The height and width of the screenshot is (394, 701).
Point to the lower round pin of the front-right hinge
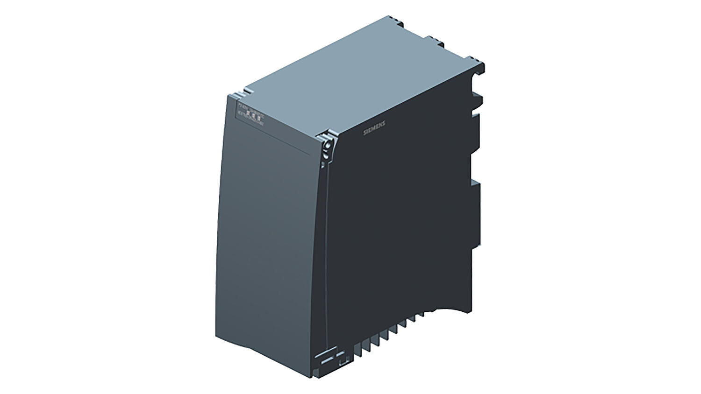point(326,156)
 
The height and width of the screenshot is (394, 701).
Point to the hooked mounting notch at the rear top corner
point(480,70)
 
